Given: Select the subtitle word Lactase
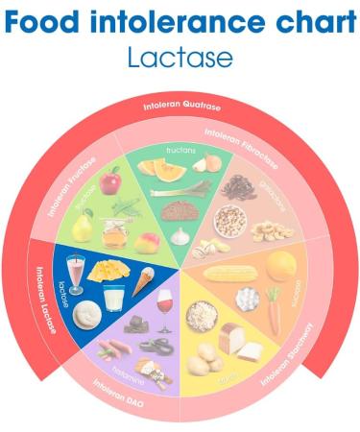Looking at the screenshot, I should pos(180,56).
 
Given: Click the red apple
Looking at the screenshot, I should pos(110,180).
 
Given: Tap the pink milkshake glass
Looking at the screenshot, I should pos(76,274).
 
